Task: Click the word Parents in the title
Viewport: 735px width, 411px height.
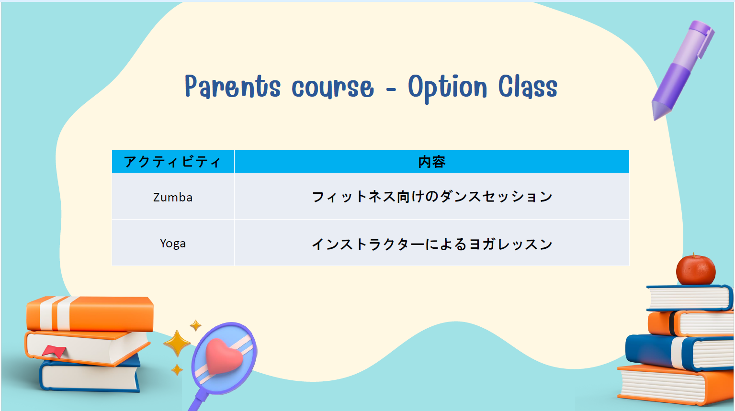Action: [233, 86]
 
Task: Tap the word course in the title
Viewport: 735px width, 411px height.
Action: [333, 88]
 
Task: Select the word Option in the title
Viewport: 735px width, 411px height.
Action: [448, 88]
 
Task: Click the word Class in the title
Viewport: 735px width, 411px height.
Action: [528, 86]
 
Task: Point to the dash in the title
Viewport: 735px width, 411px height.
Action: [391, 89]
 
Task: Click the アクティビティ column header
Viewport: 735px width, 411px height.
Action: [172, 162]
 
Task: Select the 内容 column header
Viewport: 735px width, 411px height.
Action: [432, 162]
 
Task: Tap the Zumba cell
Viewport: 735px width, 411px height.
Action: [173, 197]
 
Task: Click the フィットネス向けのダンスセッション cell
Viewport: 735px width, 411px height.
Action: [432, 197]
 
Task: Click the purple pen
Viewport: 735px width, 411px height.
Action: [682, 70]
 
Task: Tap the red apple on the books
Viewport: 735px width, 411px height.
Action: [696, 269]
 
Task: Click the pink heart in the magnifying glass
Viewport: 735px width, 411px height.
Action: [224, 356]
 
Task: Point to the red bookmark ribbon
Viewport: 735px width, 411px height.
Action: [55, 351]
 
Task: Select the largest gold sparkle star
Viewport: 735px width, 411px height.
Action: [177, 343]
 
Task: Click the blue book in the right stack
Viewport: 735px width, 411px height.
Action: [679, 352]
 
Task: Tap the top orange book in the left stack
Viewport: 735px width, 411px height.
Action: [90, 314]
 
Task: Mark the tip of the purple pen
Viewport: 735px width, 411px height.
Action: [655, 119]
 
